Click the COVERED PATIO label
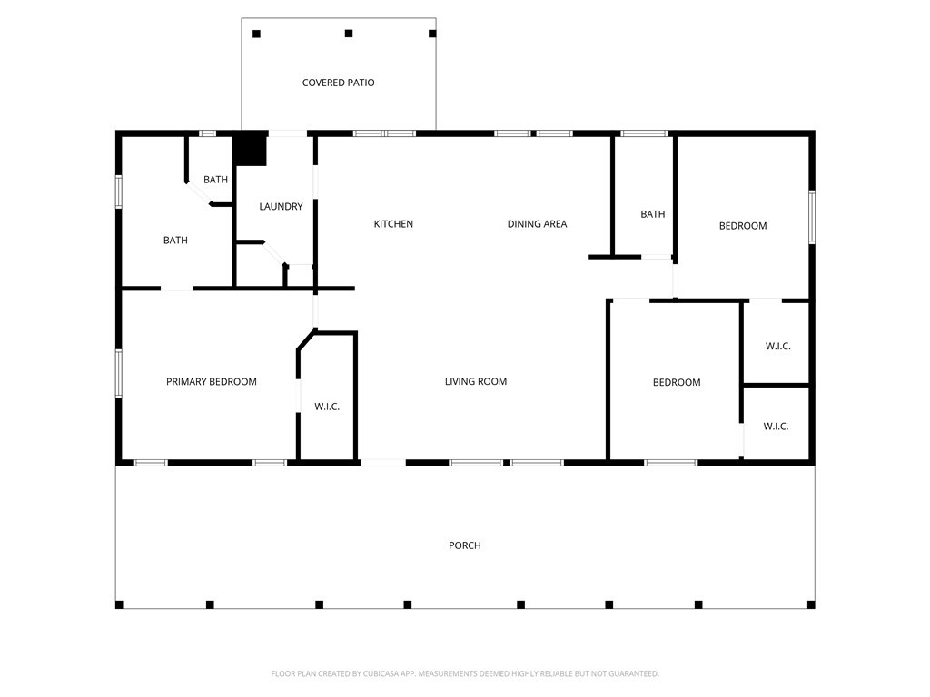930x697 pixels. [338, 83]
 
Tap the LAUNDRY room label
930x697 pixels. [281, 207]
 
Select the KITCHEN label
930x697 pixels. [393, 224]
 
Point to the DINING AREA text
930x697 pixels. [537, 224]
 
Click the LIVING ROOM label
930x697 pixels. [475, 382]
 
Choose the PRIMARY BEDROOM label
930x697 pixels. [211, 382]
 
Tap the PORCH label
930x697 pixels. [464, 545]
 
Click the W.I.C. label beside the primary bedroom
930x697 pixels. [327, 407]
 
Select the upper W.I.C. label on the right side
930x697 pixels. [777, 347]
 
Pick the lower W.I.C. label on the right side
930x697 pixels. [776, 427]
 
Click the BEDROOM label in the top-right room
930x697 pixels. [743, 226]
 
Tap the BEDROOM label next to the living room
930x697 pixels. [677, 383]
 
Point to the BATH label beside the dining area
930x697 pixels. [652, 214]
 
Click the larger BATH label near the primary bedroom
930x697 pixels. [175, 241]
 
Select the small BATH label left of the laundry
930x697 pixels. [215, 180]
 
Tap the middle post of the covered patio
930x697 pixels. [349, 34]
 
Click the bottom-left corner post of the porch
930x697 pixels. [119, 604]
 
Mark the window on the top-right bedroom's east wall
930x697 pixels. [812, 217]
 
